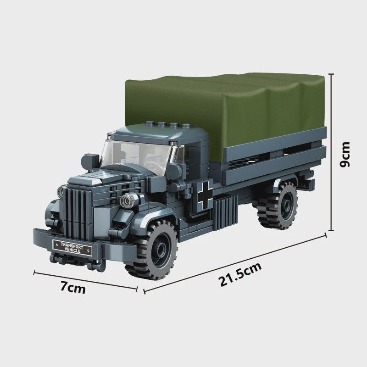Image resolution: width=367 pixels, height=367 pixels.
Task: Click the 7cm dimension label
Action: click(73, 288)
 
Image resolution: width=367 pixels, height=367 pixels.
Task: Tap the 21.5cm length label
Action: click(240, 274)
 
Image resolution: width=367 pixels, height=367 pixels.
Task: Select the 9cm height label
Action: click(345, 154)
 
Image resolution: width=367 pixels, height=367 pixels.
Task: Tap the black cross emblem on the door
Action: click(205, 195)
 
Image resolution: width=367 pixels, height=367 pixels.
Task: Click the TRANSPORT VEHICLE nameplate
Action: click(72, 248)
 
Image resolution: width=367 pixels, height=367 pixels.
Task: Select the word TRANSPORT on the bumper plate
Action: click(72, 245)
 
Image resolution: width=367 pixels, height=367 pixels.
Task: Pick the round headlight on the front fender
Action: click(128, 200)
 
